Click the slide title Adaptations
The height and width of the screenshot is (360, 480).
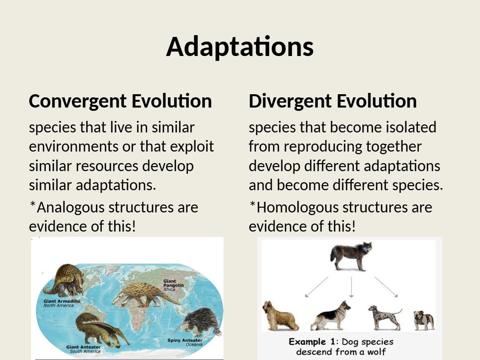click(x=240, y=47)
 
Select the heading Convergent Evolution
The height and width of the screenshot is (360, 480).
click(x=120, y=101)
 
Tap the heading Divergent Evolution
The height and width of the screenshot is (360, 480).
click(x=333, y=101)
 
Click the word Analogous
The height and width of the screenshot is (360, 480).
click(x=71, y=208)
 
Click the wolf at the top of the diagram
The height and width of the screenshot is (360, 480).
click(x=351, y=256)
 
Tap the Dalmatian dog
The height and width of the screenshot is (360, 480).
click(x=384, y=317)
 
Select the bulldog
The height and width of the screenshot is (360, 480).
click(x=424, y=320)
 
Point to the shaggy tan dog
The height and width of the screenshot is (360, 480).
click(x=280, y=316)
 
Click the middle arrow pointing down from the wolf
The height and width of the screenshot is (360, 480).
click(x=352, y=287)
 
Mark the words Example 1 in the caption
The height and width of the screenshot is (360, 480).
click(x=308, y=342)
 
